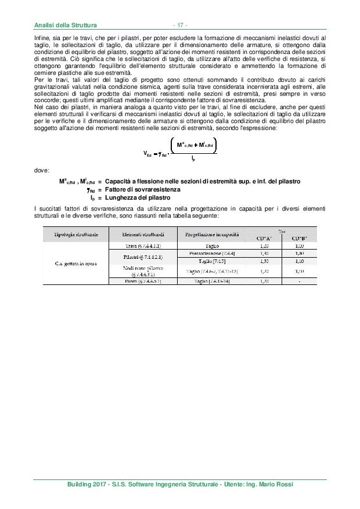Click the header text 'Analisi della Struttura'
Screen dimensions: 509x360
pyautogui.click(x=65, y=26)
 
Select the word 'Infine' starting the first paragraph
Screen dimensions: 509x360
pyautogui.click(x=42, y=38)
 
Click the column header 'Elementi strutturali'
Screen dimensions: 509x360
pyautogui.click(x=143, y=234)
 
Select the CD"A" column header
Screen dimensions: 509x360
pyautogui.click(x=265, y=238)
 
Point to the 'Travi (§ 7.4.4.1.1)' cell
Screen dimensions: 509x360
pyautogui.click(x=143, y=246)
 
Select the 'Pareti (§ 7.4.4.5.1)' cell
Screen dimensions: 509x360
pyautogui.click(x=143, y=281)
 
